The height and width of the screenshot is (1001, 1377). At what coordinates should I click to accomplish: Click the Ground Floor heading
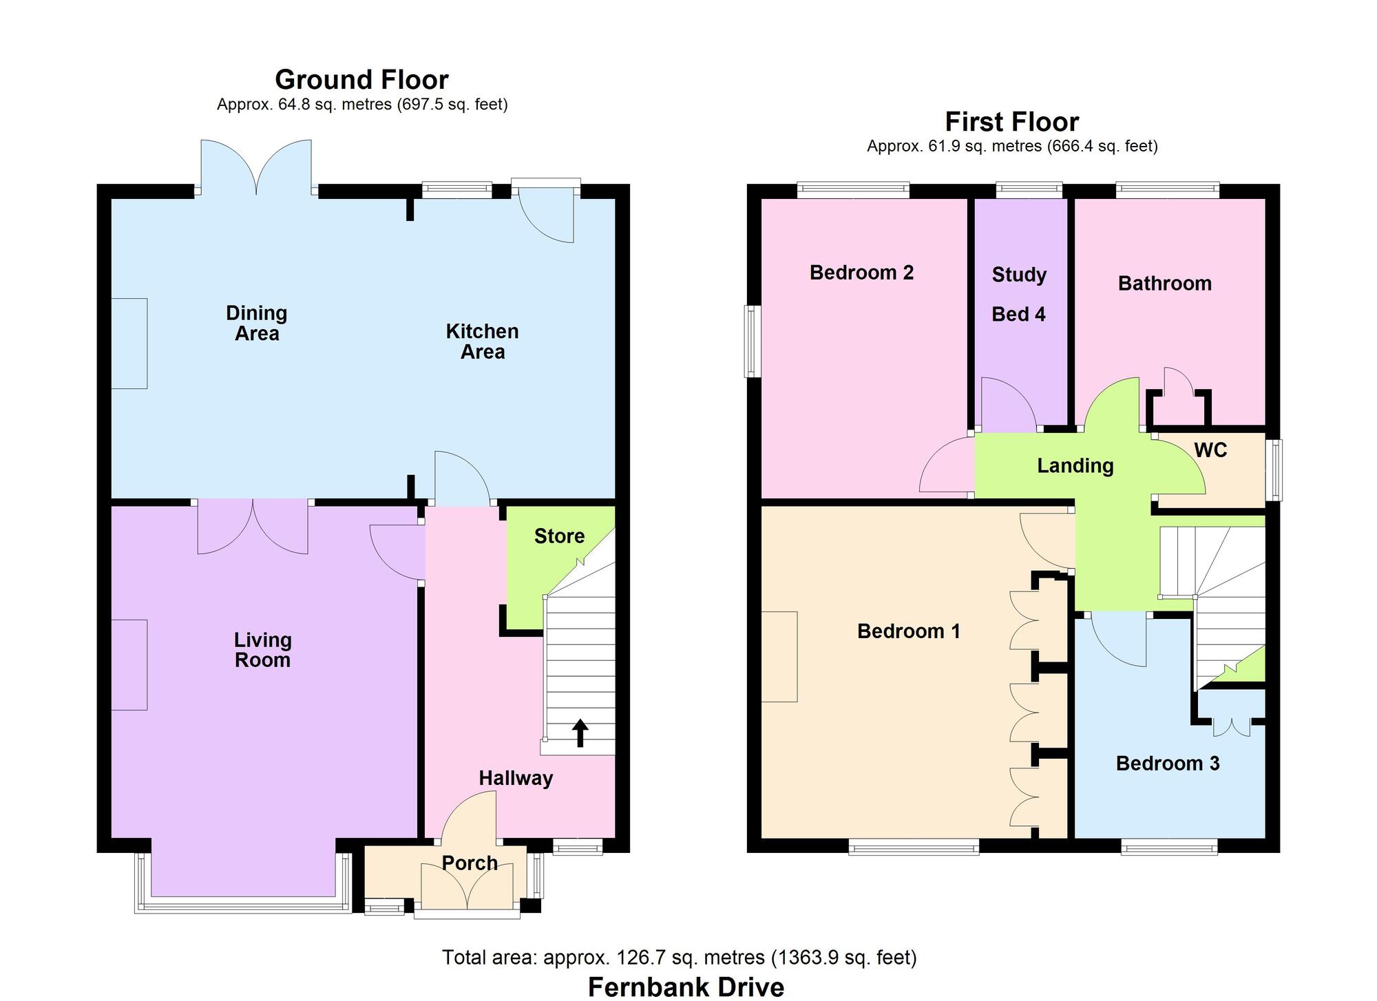click(x=361, y=80)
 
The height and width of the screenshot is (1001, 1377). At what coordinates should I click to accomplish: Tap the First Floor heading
click(x=1011, y=122)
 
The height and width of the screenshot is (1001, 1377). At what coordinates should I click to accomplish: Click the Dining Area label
click(x=256, y=323)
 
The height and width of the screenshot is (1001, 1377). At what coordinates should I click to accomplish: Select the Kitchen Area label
click(x=482, y=341)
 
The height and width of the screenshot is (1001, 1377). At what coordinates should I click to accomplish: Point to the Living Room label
click(x=262, y=650)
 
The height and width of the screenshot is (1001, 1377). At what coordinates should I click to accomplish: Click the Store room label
click(x=559, y=536)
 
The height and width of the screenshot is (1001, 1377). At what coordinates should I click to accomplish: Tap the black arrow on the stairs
click(x=580, y=733)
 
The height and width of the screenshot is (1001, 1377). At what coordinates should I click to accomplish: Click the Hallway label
click(x=516, y=779)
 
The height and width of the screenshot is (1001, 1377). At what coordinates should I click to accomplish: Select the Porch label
click(x=470, y=863)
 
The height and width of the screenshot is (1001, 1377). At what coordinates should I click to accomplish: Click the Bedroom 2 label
click(x=861, y=273)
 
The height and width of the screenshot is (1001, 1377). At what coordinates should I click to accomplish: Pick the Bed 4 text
click(x=1018, y=315)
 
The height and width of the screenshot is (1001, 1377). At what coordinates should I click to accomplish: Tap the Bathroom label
click(x=1164, y=284)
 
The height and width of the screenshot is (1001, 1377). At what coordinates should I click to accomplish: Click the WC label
click(x=1210, y=450)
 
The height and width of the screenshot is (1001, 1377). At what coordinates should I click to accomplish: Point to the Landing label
click(x=1075, y=466)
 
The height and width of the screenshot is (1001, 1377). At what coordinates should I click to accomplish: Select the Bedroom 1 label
click(x=908, y=631)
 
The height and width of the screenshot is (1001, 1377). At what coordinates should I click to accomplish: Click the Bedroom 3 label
click(x=1167, y=763)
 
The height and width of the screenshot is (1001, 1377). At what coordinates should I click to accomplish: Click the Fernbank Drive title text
click(x=686, y=987)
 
